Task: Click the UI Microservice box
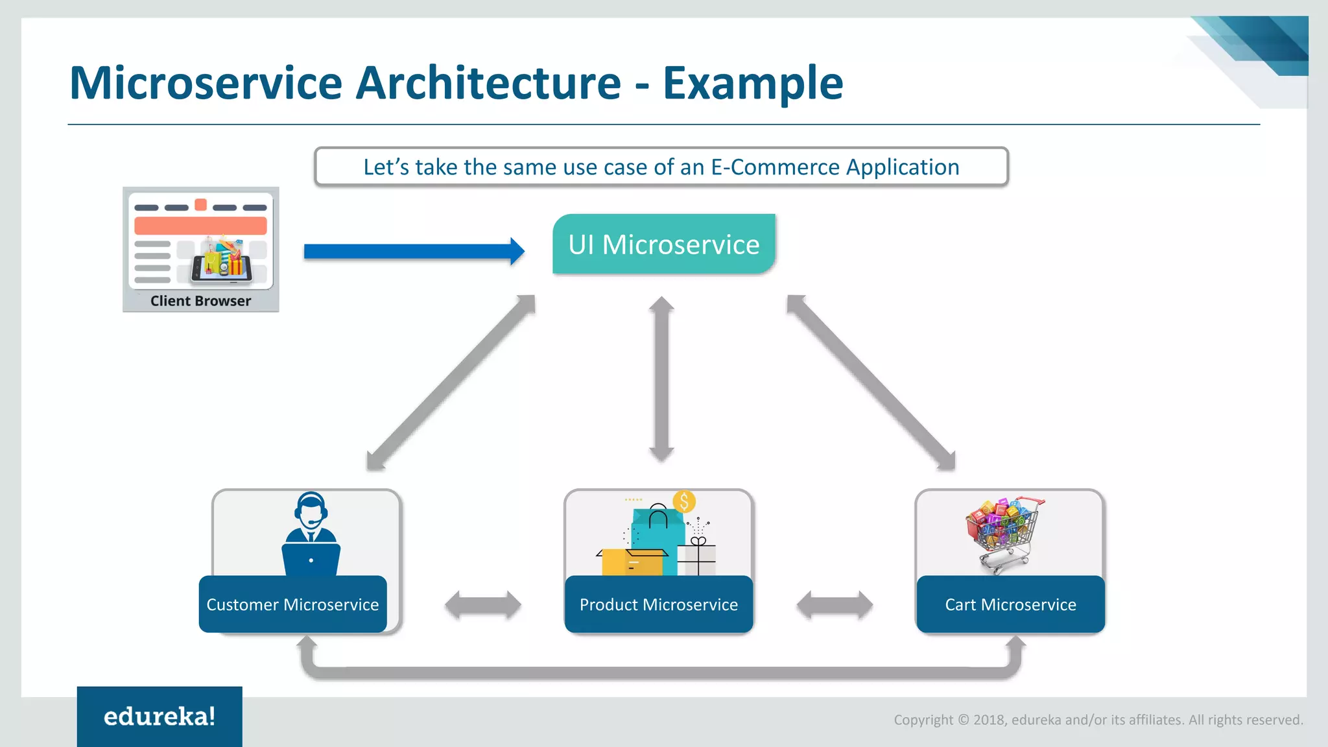pyautogui.click(x=663, y=244)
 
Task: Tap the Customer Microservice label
pyautogui.click(x=292, y=604)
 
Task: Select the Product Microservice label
pyautogui.click(x=658, y=604)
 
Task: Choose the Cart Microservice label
pyautogui.click(x=1010, y=604)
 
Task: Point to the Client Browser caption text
pyautogui.click(x=200, y=301)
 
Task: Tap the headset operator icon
pyautogui.click(x=311, y=533)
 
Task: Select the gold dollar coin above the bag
pyautogui.click(x=684, y=501)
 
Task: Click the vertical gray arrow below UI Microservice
pyautogui.click(x=661, y=379)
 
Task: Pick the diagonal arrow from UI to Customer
pyautogui.click(x=451, y=383)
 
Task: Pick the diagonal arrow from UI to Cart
pyautogui.click(x=871, y=383)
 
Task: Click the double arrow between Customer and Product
pyautogui.click(x=483, y=605)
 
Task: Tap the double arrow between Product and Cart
pyautogui.click(x=835, y=605)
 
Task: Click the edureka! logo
pyautogui.click(x=160, y=717)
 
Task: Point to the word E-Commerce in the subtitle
pyautogui.click(x=775, y=167)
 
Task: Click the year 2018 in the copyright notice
pyautogui.click(x=988, y=720)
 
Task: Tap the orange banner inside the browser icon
pyautogui.click(x=200, y=226)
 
